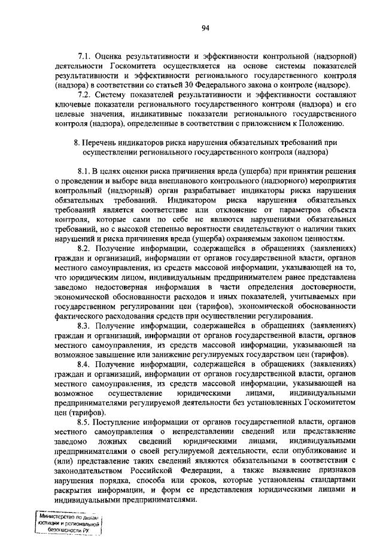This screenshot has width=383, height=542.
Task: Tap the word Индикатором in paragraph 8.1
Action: (192, 200)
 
